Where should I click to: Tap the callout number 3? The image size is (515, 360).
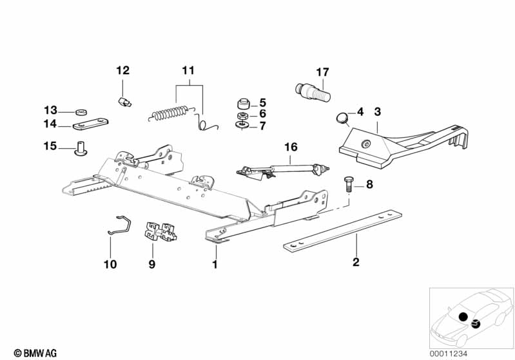(378, 111)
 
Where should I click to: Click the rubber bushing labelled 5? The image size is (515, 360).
(244, 102)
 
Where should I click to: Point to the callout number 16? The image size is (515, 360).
(291, 147)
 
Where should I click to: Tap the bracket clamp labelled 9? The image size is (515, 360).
(160, 232)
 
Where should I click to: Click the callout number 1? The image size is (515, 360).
(215, 263)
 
